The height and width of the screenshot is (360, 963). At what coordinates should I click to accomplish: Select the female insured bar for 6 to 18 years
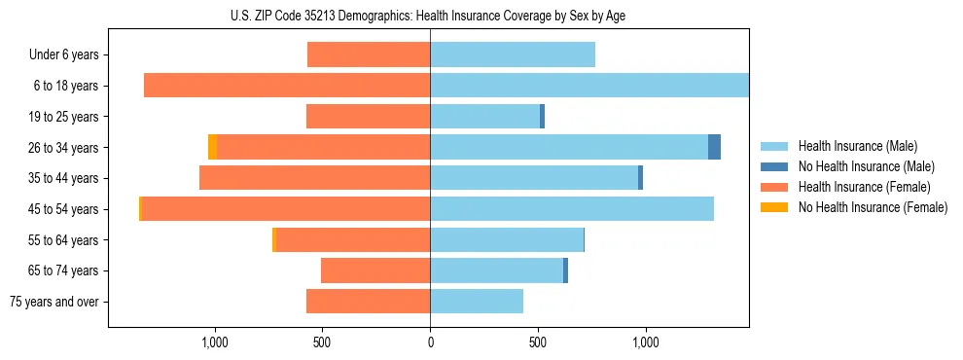[x=287, y=86]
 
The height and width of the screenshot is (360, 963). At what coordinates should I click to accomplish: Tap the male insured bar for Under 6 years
[x=513, y=54]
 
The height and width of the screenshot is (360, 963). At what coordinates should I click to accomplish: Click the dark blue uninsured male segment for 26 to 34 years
[x=714, y=147]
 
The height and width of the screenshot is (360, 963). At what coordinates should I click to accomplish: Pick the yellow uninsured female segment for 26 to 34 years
[x=212, y=147]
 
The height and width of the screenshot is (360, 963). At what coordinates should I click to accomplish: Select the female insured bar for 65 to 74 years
[x=375, y=270]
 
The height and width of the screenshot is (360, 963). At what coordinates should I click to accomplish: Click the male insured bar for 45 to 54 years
[x=572, y=209]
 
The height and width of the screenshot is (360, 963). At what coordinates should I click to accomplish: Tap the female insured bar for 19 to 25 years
[x=369, y=117]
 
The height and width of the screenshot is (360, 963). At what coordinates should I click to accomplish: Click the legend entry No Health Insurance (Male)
[x=866, y=166]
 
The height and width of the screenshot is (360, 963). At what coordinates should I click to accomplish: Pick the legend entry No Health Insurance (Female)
[x=873, y=207]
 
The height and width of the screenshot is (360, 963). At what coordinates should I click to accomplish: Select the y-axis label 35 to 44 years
[x=64, y=178]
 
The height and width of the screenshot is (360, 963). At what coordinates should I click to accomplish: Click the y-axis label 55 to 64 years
[x=64, y=240]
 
